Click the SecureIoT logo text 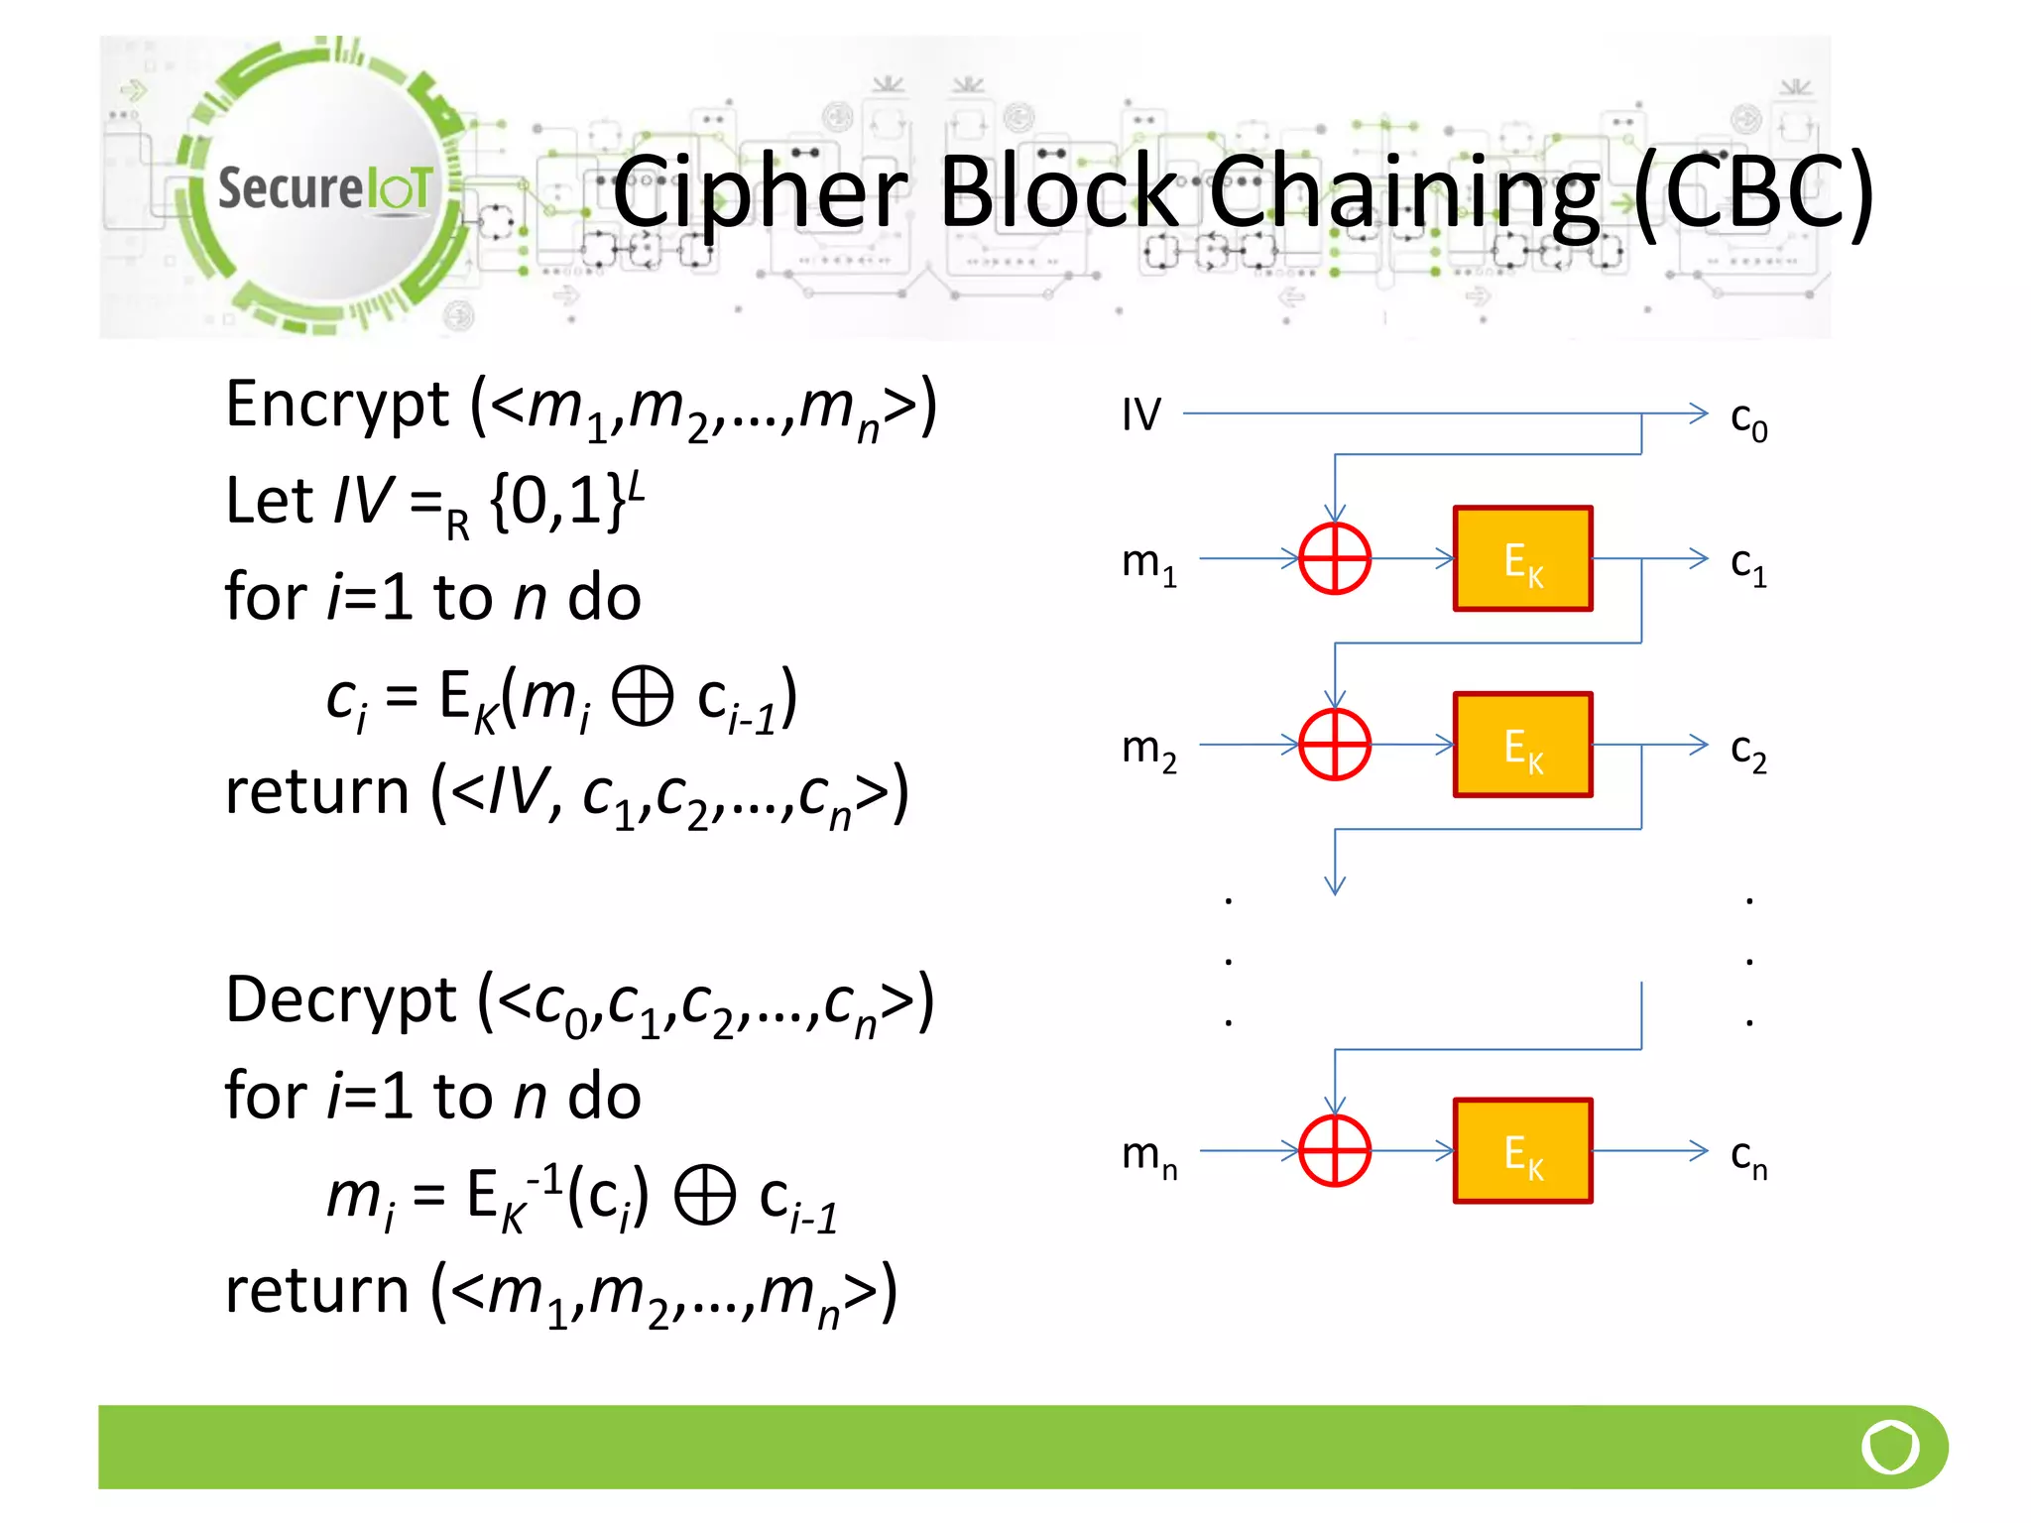tap(324, 187)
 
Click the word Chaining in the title tap(1404, 192)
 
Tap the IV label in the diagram tap(1140, 414)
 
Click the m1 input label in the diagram tap(1148, 563)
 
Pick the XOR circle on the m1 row tap(1335, 558)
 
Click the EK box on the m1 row tap(1522, 559)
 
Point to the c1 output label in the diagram tap(1748, 564)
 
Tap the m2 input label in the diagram tap(1148, 750)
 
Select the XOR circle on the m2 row tap(1335, 744)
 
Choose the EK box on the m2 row tap(1522, 745)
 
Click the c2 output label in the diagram tap(1748, 751)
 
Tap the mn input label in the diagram tap(1148, 1156)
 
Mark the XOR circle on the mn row tap(1335, 1150)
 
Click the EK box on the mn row tap(1522, 1151)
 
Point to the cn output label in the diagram tap(1748, 1157)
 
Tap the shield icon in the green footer tap(1890, 1447)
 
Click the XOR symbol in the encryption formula tap(643, 696)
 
